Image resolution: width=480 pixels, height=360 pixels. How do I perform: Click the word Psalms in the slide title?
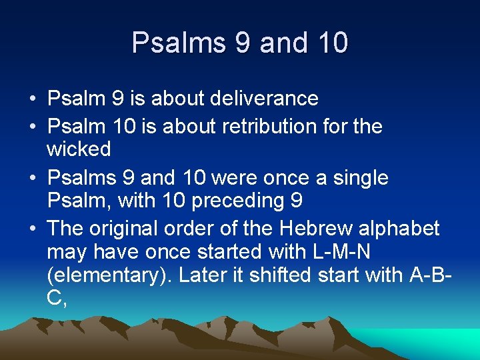(x=178, y=43)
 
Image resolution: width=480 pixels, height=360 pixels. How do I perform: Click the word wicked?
(x=79, y=149)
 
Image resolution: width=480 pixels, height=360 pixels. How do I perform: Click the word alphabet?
(x=399, y=229)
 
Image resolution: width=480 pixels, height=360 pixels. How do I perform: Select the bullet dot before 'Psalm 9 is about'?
(x=31, y=99)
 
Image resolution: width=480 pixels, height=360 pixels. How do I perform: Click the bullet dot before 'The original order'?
(x=31, y=229)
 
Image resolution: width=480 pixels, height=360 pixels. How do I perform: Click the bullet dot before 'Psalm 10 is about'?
(x=31, y=127)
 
